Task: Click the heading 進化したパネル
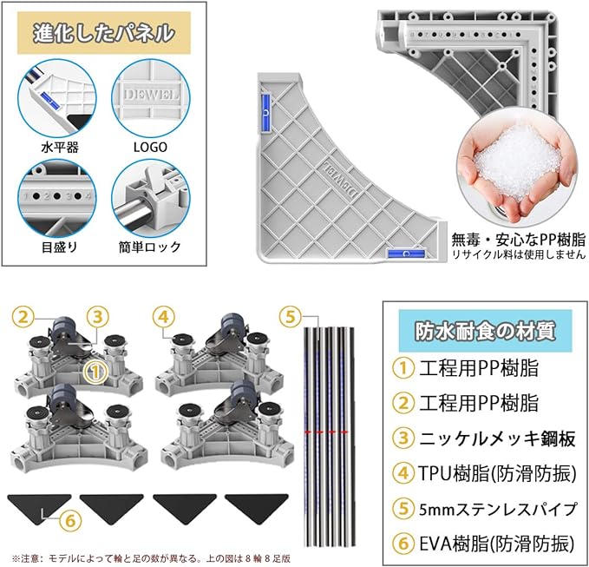(104, 33)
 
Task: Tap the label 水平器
(60, 147)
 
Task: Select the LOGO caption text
(150, 147)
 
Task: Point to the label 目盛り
(59, 247)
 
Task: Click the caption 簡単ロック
(150, 247)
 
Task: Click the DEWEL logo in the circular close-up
(152, 95)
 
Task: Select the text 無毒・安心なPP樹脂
(519, 239)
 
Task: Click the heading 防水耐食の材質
(485, 331)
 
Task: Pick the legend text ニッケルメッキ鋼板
(497, 438)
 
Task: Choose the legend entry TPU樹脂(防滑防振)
(497, 473)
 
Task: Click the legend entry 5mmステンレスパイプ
(498, 509)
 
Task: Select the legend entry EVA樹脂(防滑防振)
(496, 544)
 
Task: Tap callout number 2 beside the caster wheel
(23, 317)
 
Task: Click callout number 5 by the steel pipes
(291, 317)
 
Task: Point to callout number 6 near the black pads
(70, 521)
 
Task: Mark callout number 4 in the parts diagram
(164, 317)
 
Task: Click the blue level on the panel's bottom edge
(406, 254)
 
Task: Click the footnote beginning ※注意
(151, 558)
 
